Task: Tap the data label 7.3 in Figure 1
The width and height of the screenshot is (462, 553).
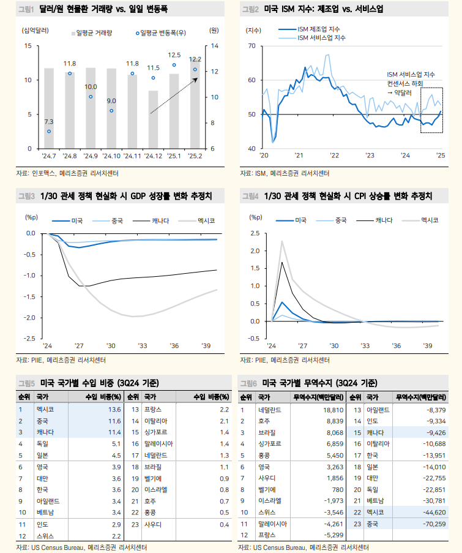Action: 49,121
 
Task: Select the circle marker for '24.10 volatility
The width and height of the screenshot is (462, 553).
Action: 111,111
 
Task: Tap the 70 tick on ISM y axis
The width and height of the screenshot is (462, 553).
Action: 251,46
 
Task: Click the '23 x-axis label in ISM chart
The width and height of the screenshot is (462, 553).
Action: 369,156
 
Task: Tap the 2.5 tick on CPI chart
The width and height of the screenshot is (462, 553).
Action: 255,233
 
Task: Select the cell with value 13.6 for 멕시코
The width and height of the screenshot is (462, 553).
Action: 114,409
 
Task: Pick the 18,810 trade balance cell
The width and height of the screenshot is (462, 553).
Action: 330,409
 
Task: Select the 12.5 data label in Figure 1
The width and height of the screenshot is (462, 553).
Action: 174,55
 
